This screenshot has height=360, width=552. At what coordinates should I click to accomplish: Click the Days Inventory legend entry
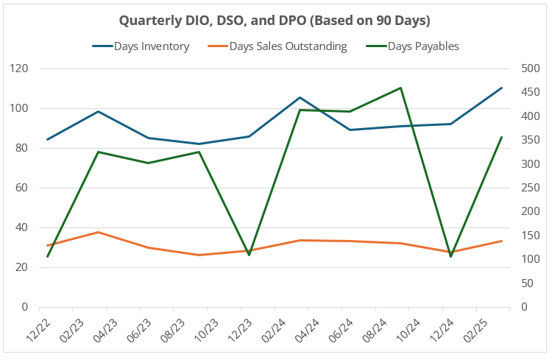(x=151, y=46)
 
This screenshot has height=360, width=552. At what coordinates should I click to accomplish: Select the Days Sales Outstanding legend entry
(x=288, y=46)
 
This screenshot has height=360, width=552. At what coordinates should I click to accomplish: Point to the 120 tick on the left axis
(x=18, y=68)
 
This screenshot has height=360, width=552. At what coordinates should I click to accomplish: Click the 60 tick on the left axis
(x=21, y=188)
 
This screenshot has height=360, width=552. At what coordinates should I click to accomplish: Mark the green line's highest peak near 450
(x=400, y=88)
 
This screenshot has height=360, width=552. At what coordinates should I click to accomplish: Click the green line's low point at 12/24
(x=450, y=256)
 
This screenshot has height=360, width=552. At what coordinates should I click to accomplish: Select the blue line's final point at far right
(x=501, y=88)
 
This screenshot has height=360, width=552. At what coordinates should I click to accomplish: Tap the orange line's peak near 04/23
(x=98, y=232)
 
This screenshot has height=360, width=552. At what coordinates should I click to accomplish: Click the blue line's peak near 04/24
(x=300, y=97)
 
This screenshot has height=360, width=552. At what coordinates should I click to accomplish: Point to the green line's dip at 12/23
(x=249, y=255)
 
